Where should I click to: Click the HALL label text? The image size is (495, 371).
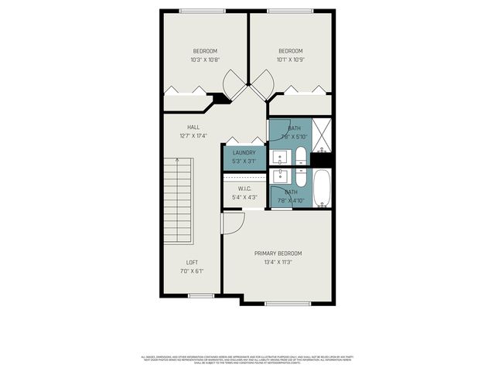[193, 127]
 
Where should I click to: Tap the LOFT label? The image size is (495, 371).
[192, 262]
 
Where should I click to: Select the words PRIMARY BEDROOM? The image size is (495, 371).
[278, 254]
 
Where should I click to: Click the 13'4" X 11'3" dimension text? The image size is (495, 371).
[278, 262]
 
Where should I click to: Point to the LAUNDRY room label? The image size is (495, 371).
[244, 153]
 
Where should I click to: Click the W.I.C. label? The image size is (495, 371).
[244, 189]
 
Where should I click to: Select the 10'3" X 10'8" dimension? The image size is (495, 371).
[205, 60]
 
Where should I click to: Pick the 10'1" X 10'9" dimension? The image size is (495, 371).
[290, 60]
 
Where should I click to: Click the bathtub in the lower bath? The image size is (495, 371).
[322, 189]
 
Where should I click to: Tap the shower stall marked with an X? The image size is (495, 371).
[322, 135]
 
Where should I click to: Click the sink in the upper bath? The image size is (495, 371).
[280, 157]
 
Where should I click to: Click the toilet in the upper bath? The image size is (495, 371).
[299, 158]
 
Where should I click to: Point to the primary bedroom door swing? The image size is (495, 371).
[231, 223]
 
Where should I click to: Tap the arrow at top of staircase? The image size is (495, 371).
[177, 160]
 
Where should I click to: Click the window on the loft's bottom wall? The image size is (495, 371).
[201, 295]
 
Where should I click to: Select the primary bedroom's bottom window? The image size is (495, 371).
[288, 304]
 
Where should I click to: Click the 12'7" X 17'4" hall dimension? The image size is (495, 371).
[193, 135]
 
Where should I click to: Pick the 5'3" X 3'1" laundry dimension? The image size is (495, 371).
[244, 162]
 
